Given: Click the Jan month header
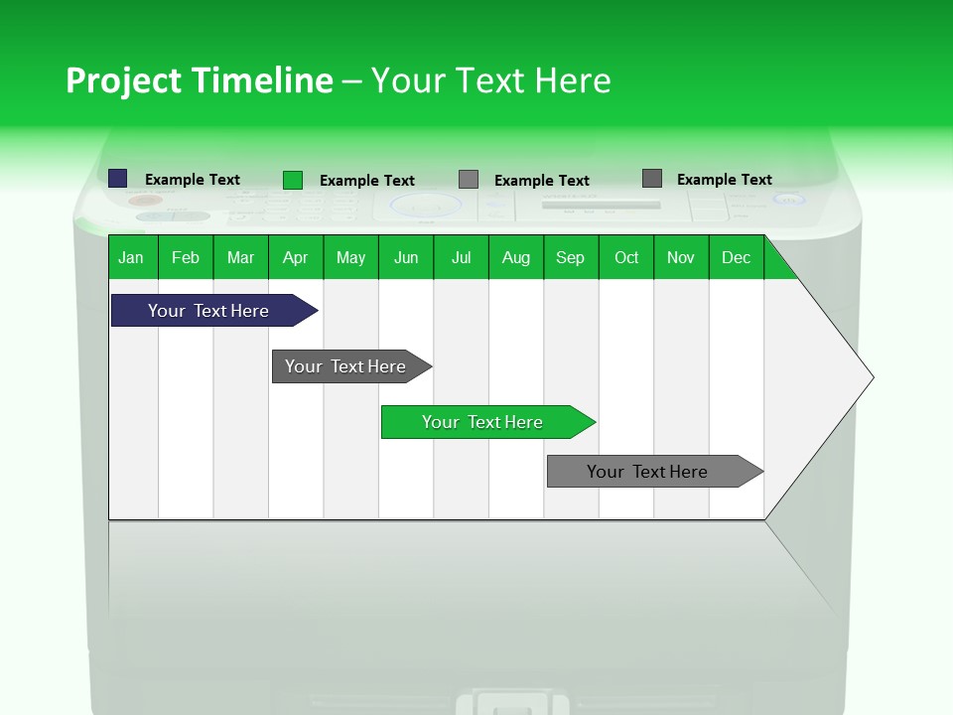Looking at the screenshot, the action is (x=132, y=257).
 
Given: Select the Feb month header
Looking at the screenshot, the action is (x=186, y=257).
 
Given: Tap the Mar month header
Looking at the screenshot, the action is (x=240, y=257).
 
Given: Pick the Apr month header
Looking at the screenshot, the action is (x=296, y=257).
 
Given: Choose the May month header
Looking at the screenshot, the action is (x=350, y=257).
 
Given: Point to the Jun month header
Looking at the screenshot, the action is (x=406, y=257).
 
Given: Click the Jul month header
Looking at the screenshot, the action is (x=461, y=257).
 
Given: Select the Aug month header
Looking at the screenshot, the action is (x=516, y=257).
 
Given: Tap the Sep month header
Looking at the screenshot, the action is (x=571, y=257).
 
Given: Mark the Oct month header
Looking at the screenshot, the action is (x=626, y=257).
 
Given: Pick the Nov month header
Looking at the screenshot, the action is (x=681, y=257).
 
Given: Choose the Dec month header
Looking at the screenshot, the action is (x=737, y=257).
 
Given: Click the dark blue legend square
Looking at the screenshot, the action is (x=118, y=179).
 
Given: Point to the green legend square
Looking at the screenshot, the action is (x=293, y=180).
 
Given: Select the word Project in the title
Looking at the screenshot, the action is (x=123, y=80).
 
